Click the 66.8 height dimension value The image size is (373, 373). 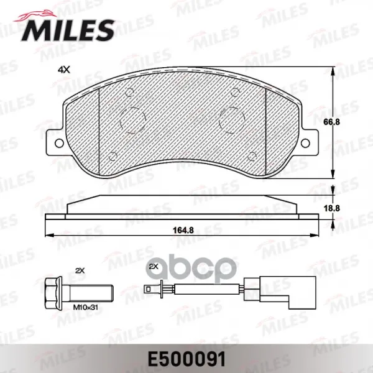pos(331,122)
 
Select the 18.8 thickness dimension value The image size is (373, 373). pos(331,208)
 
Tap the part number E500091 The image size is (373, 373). pos(186,359)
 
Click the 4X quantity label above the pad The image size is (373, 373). pos(64,70)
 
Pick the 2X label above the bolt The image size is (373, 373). pos(80,270)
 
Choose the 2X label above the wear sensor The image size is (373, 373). pos(154,267)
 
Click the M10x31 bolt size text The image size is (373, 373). pos(85,307)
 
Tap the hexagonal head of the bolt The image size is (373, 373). pos(53,293)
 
